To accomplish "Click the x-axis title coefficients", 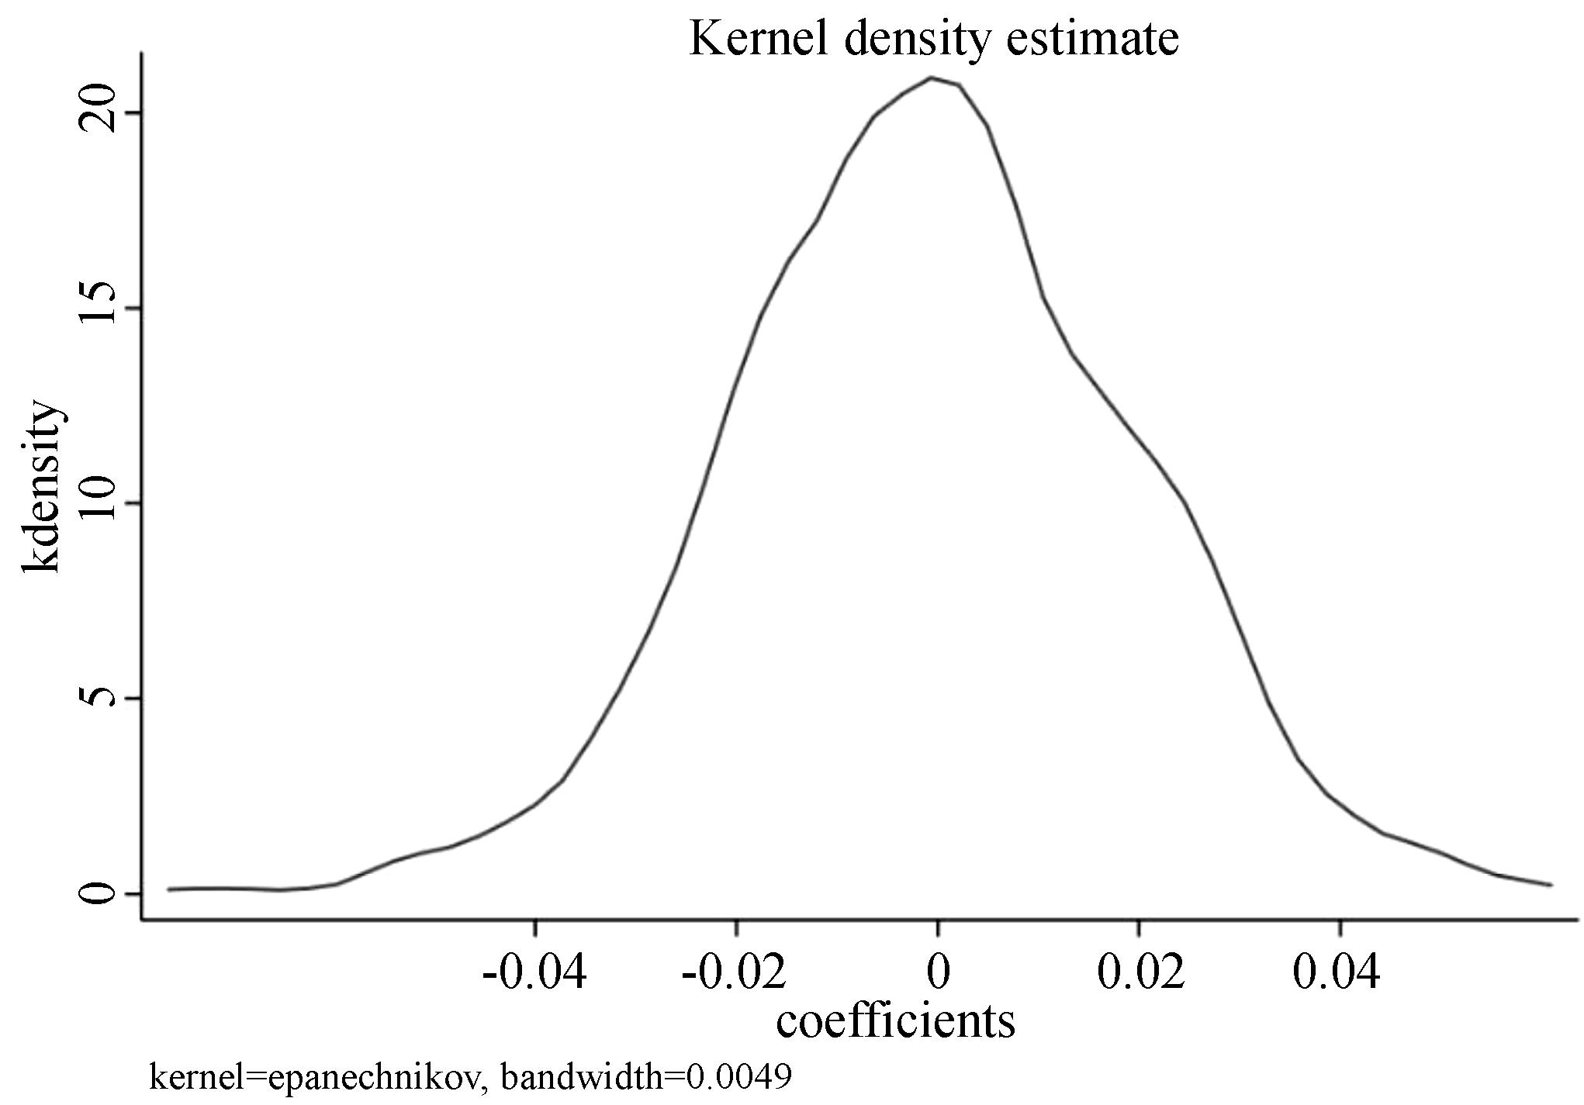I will (x=895, y=1021).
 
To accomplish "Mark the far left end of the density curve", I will (x=169, y=889).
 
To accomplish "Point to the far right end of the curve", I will (x=1551, y=884).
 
